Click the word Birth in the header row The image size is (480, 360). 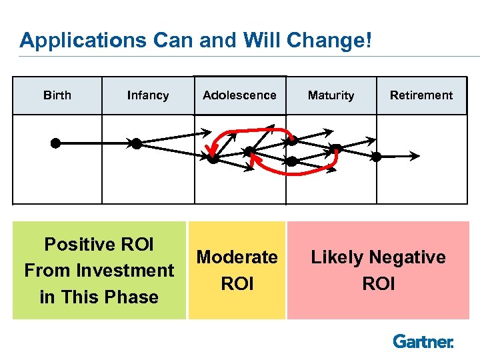[57, 95]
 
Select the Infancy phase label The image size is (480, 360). [148, 95]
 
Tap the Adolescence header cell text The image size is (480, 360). [239, 95]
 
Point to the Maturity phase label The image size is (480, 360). [331, 95]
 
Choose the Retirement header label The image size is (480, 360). [421, 95]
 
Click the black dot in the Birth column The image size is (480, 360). [56, 143]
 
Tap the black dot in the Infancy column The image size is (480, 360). [136, 143]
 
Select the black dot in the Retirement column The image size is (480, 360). [377, 157]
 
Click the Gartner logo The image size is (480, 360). [423, 342]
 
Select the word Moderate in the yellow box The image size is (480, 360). [237, 257]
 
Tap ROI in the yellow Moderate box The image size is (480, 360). [237, 284]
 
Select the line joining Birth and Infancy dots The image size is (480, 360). [96, 143]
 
